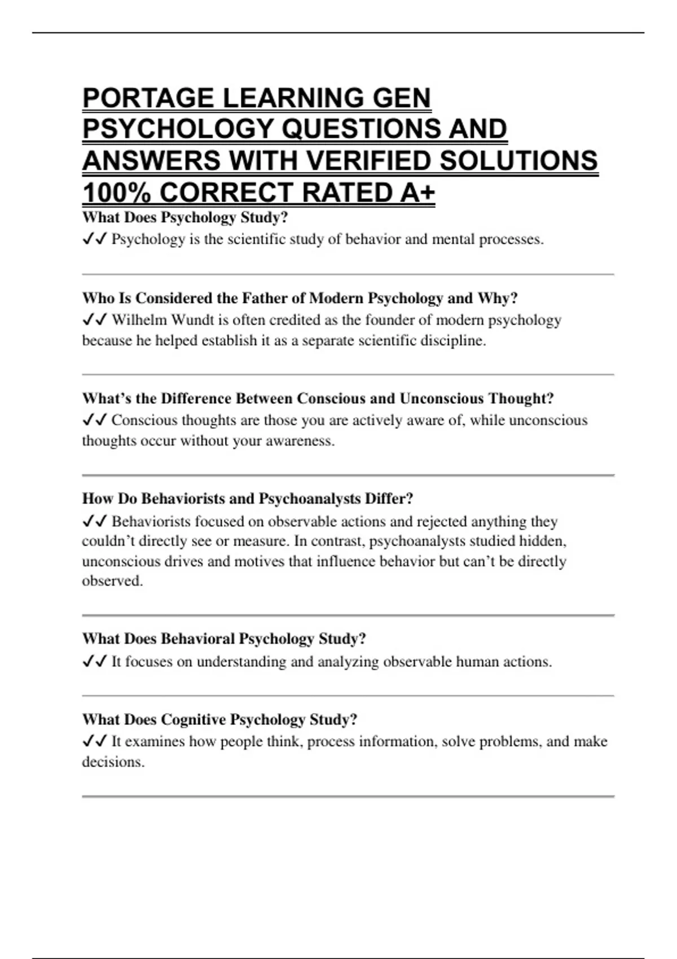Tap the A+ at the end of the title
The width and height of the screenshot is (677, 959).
417,193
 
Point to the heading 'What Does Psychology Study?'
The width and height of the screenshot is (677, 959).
185,217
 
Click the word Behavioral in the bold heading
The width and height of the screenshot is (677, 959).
197,639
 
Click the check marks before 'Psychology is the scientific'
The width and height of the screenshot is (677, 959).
94,240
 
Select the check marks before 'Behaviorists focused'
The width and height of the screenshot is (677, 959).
94,521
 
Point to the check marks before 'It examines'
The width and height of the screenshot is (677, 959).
94,741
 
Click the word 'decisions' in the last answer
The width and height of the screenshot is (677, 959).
112,762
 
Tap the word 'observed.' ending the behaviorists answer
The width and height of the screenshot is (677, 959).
112,581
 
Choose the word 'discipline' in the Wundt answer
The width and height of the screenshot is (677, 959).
451,341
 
